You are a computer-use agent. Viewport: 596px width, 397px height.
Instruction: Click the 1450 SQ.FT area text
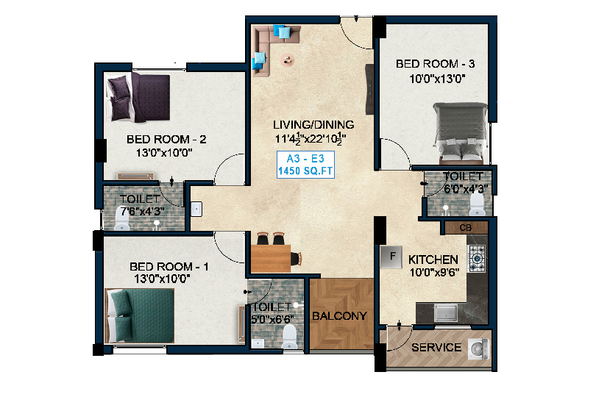(x=305, y=171)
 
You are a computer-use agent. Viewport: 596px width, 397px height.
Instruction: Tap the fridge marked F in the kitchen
(x=391, y=257)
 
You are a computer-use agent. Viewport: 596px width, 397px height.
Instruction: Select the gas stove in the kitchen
(x=477, y=259)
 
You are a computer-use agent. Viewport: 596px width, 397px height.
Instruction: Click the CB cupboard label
(x=466, y=228)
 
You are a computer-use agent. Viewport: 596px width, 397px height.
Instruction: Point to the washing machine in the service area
(x=479, y=348)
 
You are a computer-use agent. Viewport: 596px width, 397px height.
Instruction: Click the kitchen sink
(x=446, y=313)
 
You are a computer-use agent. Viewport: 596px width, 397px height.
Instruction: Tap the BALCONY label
(x=339, y=316)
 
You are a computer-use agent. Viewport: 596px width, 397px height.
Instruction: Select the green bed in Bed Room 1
(x=140, y=315)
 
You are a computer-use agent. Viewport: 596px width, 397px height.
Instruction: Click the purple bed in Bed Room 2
(x=138, y=98)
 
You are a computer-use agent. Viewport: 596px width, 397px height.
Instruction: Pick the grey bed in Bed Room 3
(x=461, y=133)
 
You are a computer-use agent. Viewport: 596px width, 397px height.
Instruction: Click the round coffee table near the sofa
(x=288, y=60)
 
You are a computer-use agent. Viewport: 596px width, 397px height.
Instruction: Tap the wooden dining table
(x=271, y=258)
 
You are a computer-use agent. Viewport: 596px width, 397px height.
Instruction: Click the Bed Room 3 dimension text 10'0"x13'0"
(x=437, y=79)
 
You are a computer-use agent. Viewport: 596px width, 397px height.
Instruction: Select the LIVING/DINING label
(x=313, y=124)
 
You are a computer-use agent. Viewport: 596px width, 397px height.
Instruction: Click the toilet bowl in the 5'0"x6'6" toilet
(x=290, y=337)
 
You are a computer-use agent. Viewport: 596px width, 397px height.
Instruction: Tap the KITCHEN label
(x=433, y=260)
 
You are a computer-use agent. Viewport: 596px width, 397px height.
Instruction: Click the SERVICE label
(x=436, y=348)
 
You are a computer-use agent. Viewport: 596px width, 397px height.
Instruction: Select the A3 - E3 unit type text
(x=305, y=158)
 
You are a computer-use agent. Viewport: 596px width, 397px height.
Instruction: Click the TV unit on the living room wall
(x=369, y=89)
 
